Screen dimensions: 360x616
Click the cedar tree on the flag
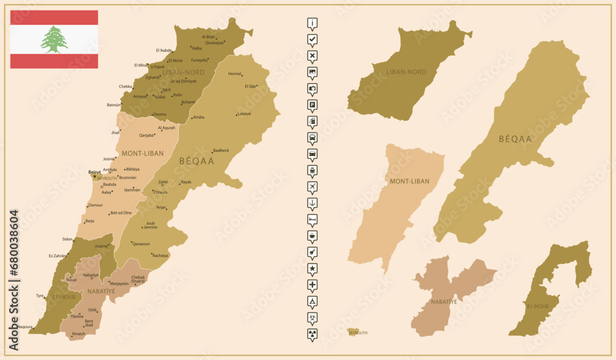click(x=54, y=39)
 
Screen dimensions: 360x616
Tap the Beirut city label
click(x=94, y=172)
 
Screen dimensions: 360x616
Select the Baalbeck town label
click(x=221, y=150)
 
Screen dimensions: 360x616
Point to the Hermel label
click(x=235, y=74)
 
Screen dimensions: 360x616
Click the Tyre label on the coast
click(x=40, y=295)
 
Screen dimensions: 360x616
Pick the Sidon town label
click(x=67, y=239)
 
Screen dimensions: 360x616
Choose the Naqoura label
click(x=25, y=326)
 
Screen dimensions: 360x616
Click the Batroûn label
click(x=114, y=105)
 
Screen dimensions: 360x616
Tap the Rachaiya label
click(x=160, y=255)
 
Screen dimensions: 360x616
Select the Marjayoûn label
click(x=120, y=283)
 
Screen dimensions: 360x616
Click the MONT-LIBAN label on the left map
click(x=142, y=153)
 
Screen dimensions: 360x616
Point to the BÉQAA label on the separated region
click(x=515, y=139)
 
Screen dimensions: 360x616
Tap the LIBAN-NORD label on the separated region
click(x=406, y=72)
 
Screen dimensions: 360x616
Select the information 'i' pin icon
click(x=312, y=24)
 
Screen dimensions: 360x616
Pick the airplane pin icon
click(x=312, y=186)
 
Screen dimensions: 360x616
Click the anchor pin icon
click(x=312, y=202)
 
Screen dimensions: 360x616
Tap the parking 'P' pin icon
click(x=312, y=105)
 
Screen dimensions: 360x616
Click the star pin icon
click(x=312, y=268)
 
